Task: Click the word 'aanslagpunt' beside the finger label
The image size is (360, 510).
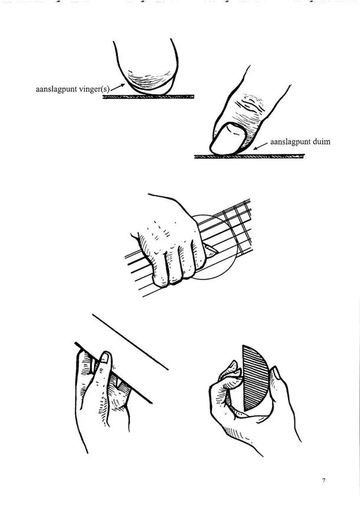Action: point(56,90)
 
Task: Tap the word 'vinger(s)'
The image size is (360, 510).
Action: point(94,90)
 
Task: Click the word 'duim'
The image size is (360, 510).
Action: point(321,142)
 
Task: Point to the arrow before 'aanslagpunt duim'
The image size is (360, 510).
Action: point(261,146)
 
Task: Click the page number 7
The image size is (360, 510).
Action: point(323,480)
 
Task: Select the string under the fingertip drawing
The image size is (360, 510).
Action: point(148,97)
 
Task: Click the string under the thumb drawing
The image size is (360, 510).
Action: point(249,156)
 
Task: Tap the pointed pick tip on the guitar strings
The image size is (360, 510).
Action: point(211,250)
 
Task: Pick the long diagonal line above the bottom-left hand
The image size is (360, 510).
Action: point(130,342)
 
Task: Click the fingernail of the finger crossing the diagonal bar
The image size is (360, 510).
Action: point(104,358)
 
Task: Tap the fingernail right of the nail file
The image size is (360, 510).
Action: point(277,373)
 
